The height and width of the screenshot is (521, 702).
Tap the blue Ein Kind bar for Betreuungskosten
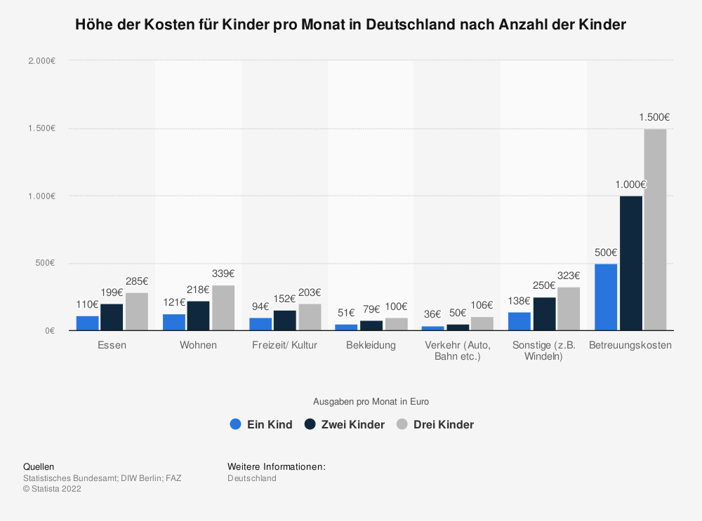coord(606,297)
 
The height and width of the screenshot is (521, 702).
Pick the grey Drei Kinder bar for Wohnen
coord(223,308)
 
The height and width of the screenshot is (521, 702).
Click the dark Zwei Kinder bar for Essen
coord(112,317)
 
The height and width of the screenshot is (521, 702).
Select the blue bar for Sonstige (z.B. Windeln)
coord(519,321)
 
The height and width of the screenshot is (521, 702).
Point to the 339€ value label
coord(223,273)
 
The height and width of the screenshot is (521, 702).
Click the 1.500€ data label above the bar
coord(654,117)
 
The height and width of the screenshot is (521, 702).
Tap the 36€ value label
coord(433,314)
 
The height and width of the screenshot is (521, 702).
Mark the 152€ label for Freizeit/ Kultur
coord(284,299)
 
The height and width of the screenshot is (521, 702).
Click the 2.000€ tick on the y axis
coord(41,61)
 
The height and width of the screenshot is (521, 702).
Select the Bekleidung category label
coord(371,345)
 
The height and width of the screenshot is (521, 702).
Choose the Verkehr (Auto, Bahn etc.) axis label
coord(458,351)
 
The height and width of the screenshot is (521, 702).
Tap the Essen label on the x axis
coord(112,345)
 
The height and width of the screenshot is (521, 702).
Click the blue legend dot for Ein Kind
coord(235,424)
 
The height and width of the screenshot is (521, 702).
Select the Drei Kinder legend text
coord(444,424)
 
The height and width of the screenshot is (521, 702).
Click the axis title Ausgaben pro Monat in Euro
coord(371,402)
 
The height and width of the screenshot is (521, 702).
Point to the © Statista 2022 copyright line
coord(52,489)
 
